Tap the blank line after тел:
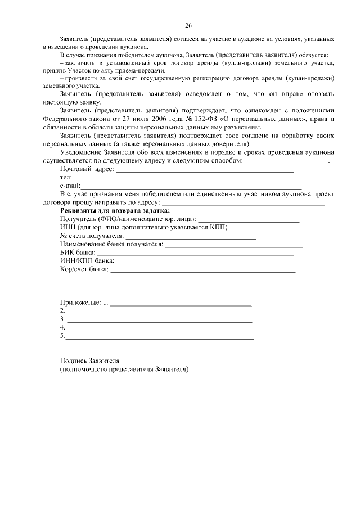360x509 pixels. (x=186, y=179)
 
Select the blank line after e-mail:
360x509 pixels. (x=191, y=187)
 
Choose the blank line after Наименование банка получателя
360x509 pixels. (x=234, y=246)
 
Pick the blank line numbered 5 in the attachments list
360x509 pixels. (x=160, y=339)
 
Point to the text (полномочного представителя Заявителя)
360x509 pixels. (x=124, y=370)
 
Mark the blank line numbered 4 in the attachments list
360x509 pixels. (x=163, y=329)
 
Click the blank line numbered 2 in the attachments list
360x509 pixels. (x=160, y=312)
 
